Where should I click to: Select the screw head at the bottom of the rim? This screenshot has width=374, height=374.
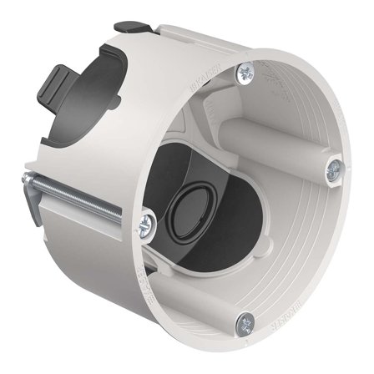245,318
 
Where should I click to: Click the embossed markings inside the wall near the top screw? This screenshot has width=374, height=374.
272,83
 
